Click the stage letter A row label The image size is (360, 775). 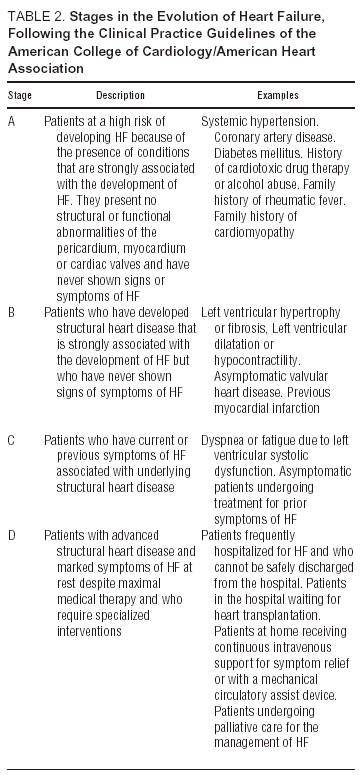[12, 120]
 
